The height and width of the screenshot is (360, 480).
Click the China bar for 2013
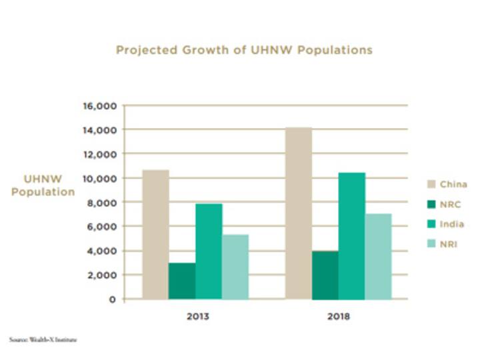155,234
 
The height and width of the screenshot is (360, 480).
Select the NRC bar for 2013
182,281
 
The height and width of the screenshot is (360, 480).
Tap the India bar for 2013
209,251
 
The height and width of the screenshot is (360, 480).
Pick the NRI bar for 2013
235,267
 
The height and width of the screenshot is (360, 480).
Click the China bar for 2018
298,213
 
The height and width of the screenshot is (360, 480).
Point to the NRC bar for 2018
325,275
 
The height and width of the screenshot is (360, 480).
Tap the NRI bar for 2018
378,256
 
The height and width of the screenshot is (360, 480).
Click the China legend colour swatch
431,183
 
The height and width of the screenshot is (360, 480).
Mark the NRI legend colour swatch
431,245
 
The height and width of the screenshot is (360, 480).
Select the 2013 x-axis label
197,316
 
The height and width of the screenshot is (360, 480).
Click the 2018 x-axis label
339,316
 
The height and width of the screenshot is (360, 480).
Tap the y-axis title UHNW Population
43,185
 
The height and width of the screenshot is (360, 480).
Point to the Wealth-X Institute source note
43,340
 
